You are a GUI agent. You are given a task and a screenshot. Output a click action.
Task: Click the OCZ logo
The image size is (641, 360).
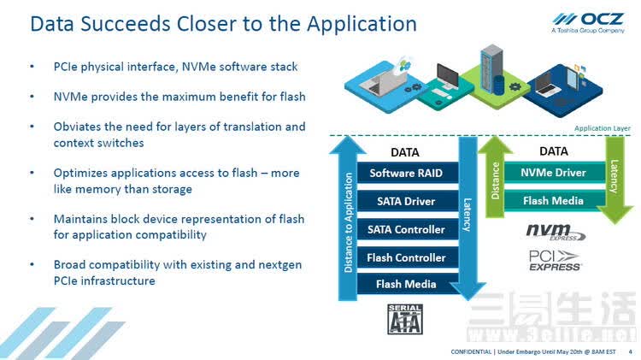(588, 23)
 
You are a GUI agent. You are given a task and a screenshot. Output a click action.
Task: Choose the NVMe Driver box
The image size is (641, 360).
(555, 173)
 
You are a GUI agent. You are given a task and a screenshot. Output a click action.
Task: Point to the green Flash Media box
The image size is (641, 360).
(555, 201)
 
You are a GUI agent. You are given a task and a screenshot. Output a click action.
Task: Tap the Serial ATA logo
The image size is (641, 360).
(405, 319)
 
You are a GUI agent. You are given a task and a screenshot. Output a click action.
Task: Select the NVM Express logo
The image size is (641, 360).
(556, 232)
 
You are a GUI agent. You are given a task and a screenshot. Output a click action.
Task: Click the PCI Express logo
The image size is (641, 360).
(555, 261)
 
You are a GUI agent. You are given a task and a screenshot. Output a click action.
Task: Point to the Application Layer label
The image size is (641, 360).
(603, 128)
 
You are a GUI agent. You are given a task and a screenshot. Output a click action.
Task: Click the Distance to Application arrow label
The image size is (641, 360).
(349, 222)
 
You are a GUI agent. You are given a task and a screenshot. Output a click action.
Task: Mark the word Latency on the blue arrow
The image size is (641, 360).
(467, 215)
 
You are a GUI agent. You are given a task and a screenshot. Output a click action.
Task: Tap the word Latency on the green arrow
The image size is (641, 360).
(614, 176)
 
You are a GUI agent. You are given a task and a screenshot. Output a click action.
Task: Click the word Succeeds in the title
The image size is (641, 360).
(125, 24)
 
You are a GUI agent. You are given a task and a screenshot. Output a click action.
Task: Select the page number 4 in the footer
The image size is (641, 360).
(630, 351)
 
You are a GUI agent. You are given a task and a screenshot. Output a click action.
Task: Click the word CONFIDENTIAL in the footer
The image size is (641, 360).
(471, 351)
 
